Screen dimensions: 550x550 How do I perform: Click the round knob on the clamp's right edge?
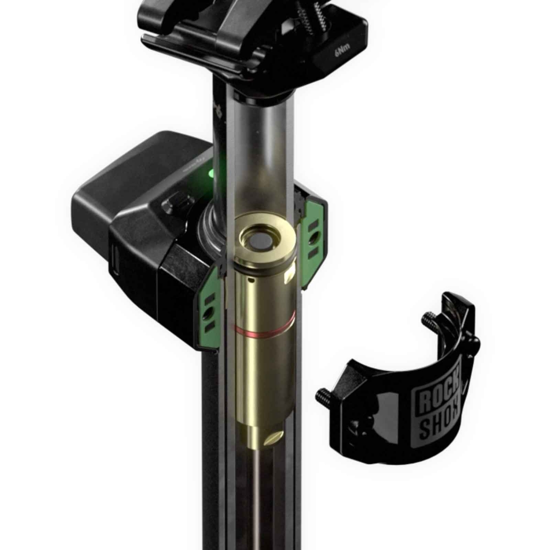pyautogui.click(x=474, y=343)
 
